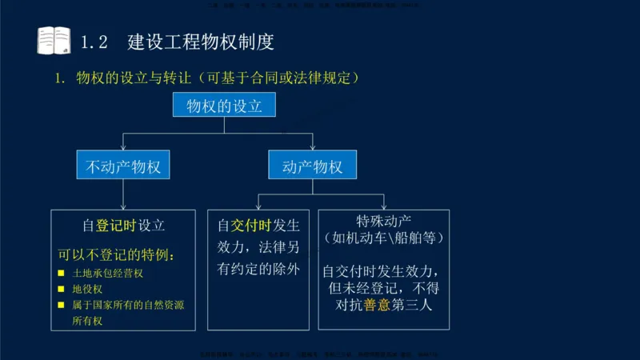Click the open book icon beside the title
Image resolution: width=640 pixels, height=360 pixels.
click(x=54, y=40)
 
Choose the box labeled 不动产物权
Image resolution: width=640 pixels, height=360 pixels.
click(x=123, y=166)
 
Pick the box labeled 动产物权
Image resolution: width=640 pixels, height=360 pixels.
click(x=312, y=166)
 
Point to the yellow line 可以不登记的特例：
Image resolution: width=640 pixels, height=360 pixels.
click(x=116, y=256)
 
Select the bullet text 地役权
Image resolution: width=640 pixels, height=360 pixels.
click(x=88, y=290)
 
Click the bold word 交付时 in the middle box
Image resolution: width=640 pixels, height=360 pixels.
click(x=251, y=226)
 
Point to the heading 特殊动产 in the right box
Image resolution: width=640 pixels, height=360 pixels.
click(x=384, y=221)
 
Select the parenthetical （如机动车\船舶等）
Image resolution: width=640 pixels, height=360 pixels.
click(x=384, y=238)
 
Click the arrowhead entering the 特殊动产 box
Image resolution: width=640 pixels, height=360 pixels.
click(x=384, y=205)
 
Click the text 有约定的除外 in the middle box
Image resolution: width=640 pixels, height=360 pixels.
click(x=258, y=270)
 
